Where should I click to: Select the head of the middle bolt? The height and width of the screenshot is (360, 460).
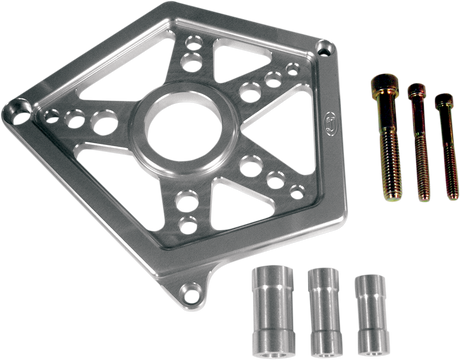pos(415,93)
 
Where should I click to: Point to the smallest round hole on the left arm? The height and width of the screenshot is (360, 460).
pos(56,114)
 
